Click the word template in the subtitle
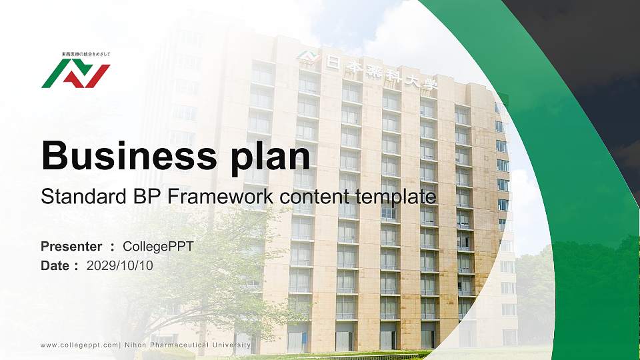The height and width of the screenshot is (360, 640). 395,197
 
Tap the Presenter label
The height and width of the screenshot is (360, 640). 71,247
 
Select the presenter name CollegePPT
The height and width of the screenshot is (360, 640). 159,247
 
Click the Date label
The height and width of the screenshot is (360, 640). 55,266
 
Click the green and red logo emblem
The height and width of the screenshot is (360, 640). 75,74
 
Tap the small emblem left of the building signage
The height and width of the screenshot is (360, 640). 307,58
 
